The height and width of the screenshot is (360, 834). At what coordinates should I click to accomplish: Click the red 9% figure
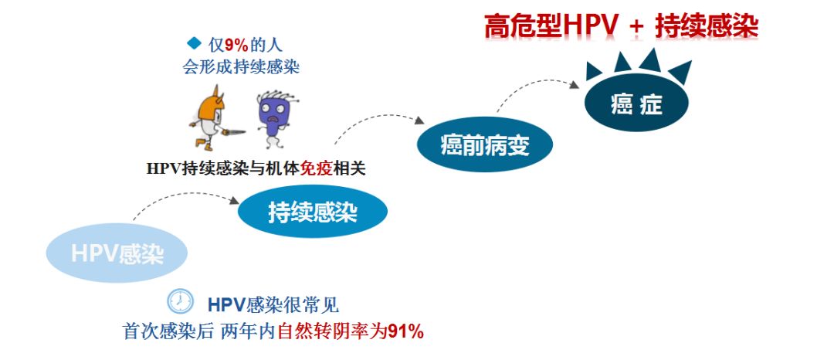coord(235,44)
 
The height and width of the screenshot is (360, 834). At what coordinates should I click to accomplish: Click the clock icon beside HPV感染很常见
coord(180,301)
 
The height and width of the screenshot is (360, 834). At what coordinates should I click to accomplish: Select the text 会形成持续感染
coord(241,66)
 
